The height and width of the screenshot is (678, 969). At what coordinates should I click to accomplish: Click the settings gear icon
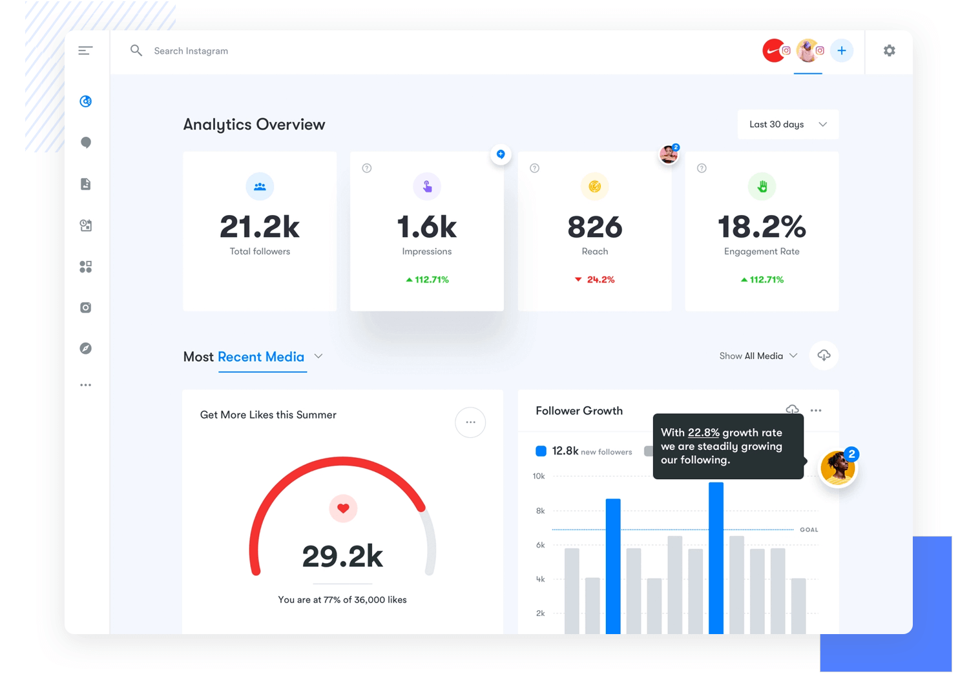(890, 50)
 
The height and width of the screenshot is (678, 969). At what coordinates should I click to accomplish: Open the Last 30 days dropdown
(787, 125)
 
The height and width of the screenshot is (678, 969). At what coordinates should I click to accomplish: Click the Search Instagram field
(191, 51)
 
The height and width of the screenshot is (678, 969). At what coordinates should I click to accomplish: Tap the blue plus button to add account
(841, 50)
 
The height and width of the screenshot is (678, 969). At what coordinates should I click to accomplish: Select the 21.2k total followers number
(260, 227)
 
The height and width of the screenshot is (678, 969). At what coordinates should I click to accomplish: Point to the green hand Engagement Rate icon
(762, 187)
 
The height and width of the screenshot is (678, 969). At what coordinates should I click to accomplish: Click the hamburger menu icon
(85, 50)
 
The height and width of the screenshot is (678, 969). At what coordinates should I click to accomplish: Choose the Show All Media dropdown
(758, 356)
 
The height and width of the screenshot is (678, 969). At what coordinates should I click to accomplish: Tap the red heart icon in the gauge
(343, 508)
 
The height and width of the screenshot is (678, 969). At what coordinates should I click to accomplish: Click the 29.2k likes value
(342, 556)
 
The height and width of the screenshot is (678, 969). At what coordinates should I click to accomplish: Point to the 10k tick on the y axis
(539, 477)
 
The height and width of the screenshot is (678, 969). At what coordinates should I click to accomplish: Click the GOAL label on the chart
(809, 529)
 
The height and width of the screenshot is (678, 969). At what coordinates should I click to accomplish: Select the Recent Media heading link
(261, 357)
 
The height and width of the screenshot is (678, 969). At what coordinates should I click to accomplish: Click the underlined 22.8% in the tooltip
(703, 433)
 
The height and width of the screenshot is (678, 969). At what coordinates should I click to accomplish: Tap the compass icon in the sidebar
(85, 349)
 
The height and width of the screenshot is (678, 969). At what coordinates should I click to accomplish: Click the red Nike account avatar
(773, 50)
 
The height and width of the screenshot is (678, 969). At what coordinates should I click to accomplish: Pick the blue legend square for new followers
(541, 451)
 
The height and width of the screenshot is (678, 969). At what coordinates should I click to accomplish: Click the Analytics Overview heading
(254, 125)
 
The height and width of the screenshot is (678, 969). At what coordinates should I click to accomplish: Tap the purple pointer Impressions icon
(427, 187)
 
